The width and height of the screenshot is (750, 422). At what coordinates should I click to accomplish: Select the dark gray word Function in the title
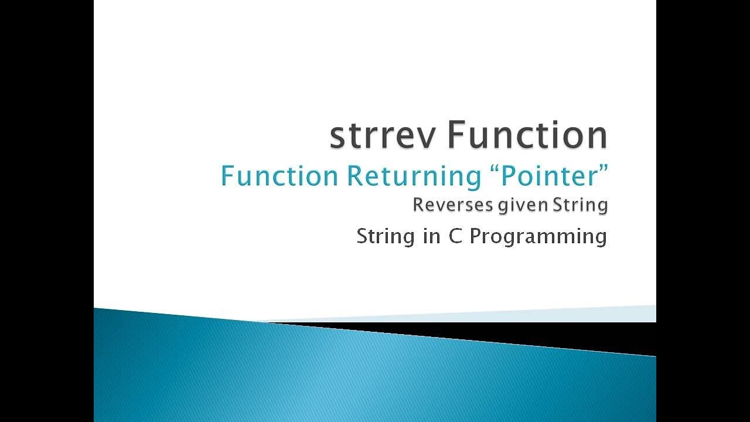coord(527,134)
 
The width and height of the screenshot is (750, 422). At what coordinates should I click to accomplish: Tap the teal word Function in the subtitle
coord(279,176)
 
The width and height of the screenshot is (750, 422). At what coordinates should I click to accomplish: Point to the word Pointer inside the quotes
coord(547,176)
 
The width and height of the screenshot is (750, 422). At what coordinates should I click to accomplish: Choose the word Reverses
coord(453,205)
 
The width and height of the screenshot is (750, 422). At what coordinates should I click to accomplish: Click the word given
coord(523,206)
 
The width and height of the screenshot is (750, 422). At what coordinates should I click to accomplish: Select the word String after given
coord(580,206)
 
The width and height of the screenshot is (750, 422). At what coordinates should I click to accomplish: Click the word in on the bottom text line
coord(432,236)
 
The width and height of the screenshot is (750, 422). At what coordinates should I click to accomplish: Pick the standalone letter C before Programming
coord(455,236)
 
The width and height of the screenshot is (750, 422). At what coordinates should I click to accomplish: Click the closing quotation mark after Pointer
coord(602,169)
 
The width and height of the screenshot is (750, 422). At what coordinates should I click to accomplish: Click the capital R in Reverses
coord(418,205)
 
